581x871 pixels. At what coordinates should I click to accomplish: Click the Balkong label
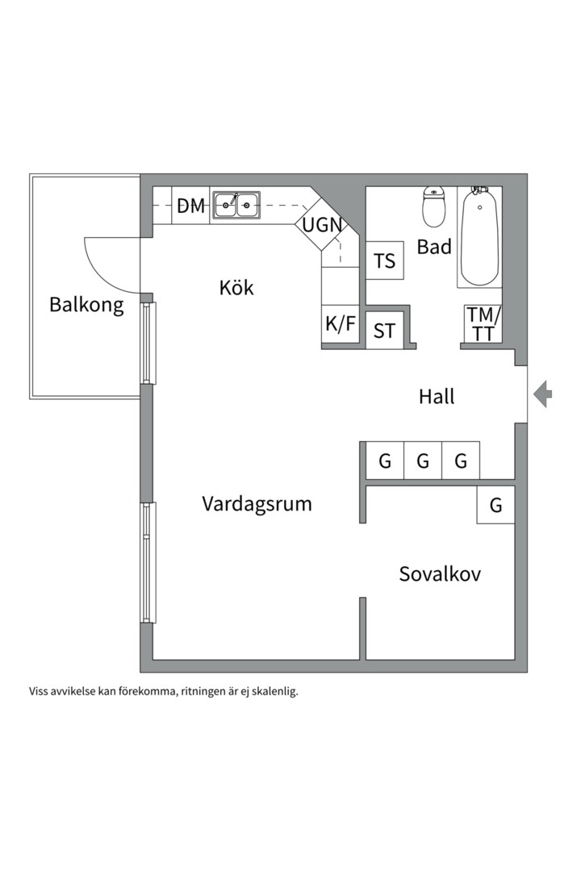(x=86, y=305)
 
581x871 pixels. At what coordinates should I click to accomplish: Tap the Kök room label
(x=236, y=287)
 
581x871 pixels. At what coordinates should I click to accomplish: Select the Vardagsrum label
(x=257, y=504)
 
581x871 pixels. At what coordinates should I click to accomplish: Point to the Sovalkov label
(x=440, y=574)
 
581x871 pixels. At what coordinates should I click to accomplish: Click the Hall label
(x=437, y=396)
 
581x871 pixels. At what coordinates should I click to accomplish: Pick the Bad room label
(x=434, y=247)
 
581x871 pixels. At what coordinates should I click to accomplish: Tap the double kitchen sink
(x=236, y=205)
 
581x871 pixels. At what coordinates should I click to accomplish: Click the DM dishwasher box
(x=191, y=206)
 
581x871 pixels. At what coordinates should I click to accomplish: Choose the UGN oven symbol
(x=322, y=225)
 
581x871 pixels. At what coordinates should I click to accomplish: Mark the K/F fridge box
(x=341, y=324)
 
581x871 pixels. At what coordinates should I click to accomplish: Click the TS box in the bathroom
(x=385, y=260)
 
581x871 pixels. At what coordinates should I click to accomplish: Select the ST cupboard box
(x=385, y=330)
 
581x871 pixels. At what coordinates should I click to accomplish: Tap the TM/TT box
(x=483, y=324)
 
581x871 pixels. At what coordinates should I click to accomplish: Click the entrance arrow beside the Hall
(x=543, y=394)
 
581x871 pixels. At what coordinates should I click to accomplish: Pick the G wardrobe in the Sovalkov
(x=495, y=506)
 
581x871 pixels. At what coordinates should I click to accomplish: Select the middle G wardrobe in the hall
(x=423, y=461)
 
